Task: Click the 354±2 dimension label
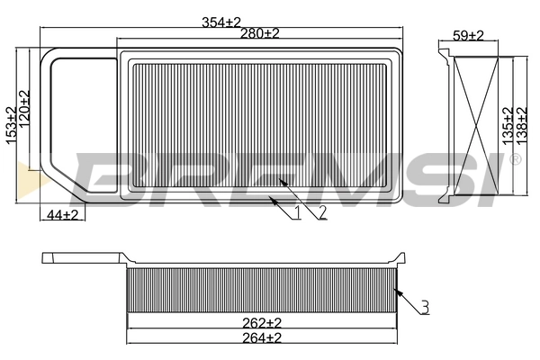pos(222,21)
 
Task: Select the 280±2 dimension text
pos(260,33)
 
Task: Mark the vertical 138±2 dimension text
pos(521,126)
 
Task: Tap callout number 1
pos(298,213)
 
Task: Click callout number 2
pos(320,213)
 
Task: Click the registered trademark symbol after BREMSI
pos(515,159)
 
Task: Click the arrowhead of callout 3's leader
pos(396,289)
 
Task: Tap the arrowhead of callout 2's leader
pos(281,180)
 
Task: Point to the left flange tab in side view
pos(81,258)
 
